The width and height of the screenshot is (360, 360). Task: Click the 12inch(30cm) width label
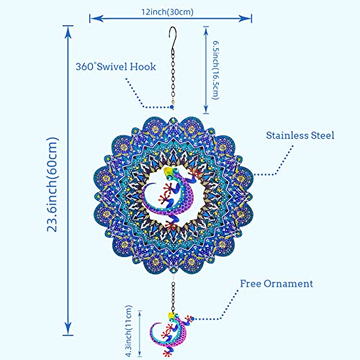tap(167, 12)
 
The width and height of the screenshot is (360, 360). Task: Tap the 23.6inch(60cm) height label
tap(52, 184)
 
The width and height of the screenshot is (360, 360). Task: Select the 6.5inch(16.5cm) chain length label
tap(216, 70)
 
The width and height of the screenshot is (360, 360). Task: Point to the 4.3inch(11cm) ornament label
tap(129, 331)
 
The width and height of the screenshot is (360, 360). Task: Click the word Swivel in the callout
tap(112, 66)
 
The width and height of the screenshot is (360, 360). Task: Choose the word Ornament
tap(289, 284)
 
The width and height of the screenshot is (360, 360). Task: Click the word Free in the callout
tap(251, 284)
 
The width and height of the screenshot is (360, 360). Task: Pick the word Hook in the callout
tap(143, 66)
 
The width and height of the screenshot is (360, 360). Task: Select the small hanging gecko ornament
tap(171, 334)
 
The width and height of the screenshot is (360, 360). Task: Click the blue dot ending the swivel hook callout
tap(171, 107)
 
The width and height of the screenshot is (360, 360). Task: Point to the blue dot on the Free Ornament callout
tap(192, 319)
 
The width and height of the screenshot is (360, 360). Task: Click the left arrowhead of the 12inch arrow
tap(96, 19)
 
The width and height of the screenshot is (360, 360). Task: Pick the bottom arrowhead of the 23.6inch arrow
tap(68, 328)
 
